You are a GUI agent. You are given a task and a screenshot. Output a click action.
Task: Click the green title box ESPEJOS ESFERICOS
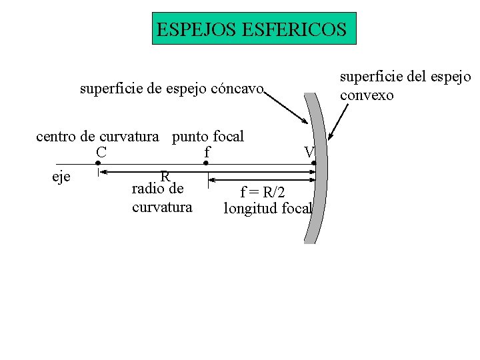tap(254, 28)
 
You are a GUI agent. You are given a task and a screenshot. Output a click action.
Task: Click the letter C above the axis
tap(101, 153)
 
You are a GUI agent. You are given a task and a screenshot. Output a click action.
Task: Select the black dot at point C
tap(98, 163)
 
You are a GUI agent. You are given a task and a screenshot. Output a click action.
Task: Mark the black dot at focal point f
tap(206, 163)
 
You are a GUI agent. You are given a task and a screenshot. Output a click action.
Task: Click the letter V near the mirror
tap(309, 153)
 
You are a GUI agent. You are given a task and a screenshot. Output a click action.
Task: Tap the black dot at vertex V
tap(314, 163)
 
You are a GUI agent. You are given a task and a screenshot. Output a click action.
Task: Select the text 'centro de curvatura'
tap(97, 137)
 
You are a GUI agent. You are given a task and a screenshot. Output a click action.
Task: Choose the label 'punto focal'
tap(208, 137)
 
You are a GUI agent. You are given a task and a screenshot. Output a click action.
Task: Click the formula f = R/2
tap(263, 193)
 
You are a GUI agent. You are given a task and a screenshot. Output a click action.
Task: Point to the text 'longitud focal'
tap(267, 208)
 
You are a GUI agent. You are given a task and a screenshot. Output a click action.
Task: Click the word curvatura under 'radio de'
tap(162, 207)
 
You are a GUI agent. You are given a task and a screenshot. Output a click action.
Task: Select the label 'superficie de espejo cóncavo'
tap(172, 88)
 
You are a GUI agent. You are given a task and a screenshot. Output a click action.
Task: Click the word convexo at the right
tap(367, 95)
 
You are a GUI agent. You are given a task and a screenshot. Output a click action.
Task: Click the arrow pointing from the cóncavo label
tap(287, 108)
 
